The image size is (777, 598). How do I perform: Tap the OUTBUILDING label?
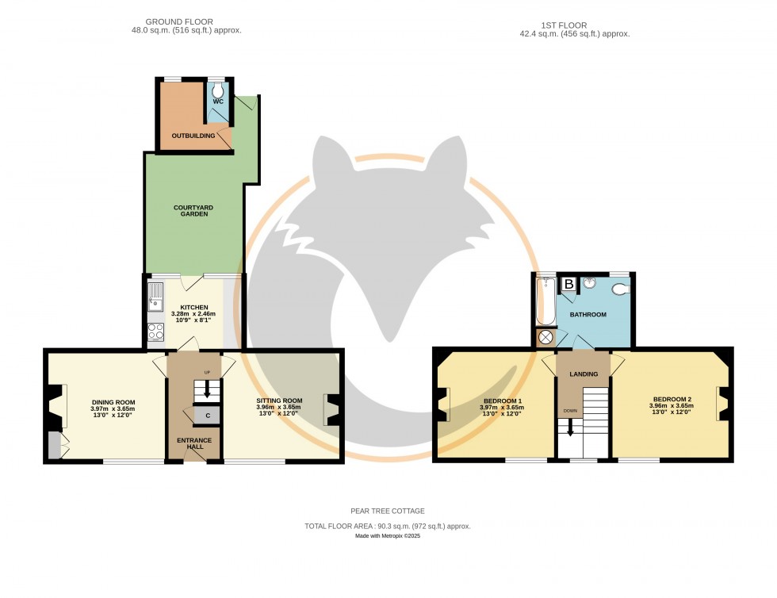(193, 136)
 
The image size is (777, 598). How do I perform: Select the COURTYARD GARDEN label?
(193, 212)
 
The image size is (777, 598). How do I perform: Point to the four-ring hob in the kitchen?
(155, 332)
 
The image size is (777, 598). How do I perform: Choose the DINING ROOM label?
(113, 402)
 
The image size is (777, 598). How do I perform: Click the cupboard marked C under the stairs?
(207, 415)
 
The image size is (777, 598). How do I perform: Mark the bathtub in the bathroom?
(545, 301)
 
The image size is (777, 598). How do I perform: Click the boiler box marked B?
(568, 284)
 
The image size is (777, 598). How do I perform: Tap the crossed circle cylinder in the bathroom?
(545, 338)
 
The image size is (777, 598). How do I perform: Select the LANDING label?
(583, 374)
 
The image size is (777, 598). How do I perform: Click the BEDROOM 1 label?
(503, 401)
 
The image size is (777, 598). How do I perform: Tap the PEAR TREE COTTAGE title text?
(388, 512)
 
